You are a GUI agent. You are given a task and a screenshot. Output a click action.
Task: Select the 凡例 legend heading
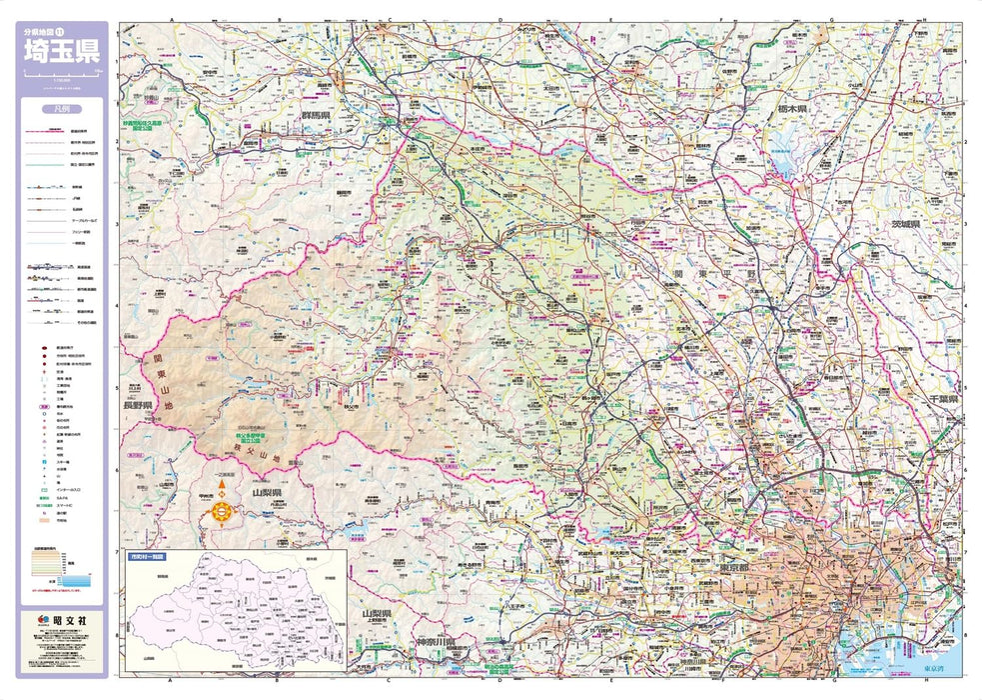point(62,111)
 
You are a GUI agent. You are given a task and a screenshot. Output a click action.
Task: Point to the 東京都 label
point(708,569)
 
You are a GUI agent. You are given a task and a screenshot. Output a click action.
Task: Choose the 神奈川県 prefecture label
point(437,641)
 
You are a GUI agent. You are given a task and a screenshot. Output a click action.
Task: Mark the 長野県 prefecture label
point(137,405)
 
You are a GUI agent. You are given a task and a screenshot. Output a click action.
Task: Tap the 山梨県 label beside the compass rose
point(268,493)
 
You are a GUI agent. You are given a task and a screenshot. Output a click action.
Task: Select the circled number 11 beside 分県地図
point(87,33)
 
